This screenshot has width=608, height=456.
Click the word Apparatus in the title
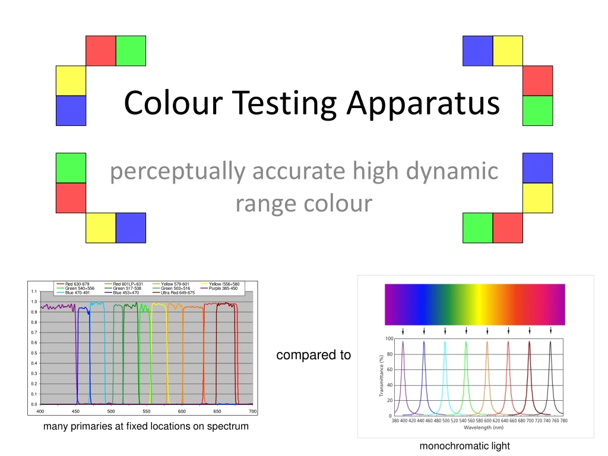point(423,104)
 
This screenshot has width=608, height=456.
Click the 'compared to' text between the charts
point(313,355)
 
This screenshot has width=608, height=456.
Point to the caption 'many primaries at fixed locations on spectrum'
point(146,426)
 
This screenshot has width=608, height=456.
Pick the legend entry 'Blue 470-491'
point(77,293)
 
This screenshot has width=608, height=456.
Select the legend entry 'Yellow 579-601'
point(175,284)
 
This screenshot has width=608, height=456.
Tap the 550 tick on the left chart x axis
point(147,411)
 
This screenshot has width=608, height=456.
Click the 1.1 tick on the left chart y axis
point(34,292)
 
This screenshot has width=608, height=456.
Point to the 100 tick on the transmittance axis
point(389,338)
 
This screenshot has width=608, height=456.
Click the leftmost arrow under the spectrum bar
point(403,331)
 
